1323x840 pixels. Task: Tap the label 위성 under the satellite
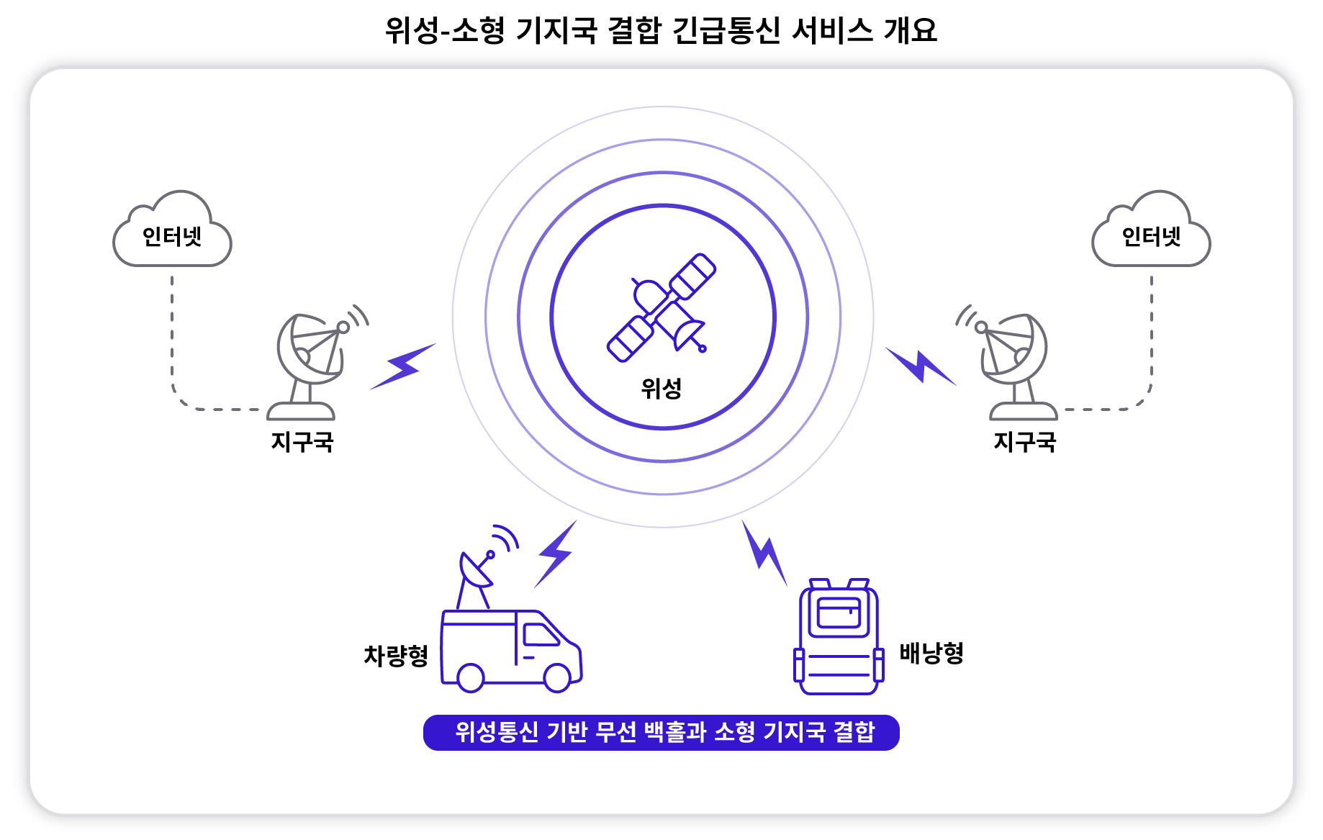tap(661, 389)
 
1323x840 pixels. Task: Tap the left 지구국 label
tap(302, 441)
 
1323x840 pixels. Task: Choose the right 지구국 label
tap(1025, 441)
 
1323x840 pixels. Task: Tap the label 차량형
tap(396, 656)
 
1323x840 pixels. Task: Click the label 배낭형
tap(931, 653)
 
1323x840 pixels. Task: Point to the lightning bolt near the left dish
tap(403, 366)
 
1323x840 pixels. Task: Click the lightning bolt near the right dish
tap(921, 366)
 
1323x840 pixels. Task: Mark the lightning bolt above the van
tap(555, 554)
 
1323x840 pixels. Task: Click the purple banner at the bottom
tap(661, 733)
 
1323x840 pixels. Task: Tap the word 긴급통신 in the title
tap(726, 30)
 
